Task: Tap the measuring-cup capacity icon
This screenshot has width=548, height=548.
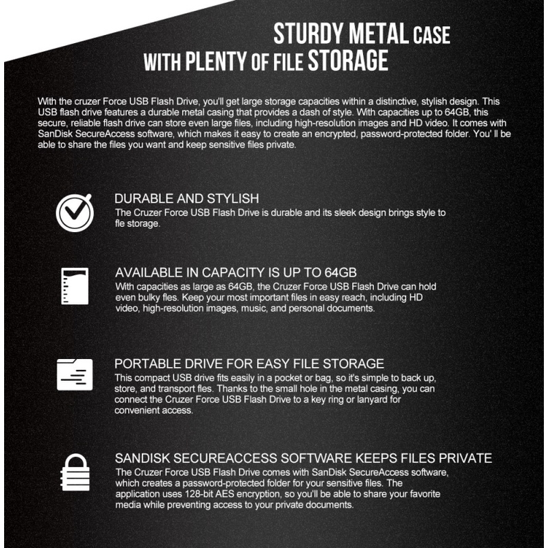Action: click(x=74, y=286)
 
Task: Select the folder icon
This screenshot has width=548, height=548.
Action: click(x=74, y=374)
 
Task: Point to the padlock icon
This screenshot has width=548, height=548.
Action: click(x=74, y=472)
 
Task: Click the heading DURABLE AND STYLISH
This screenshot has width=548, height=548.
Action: click(x=186, y=199)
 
